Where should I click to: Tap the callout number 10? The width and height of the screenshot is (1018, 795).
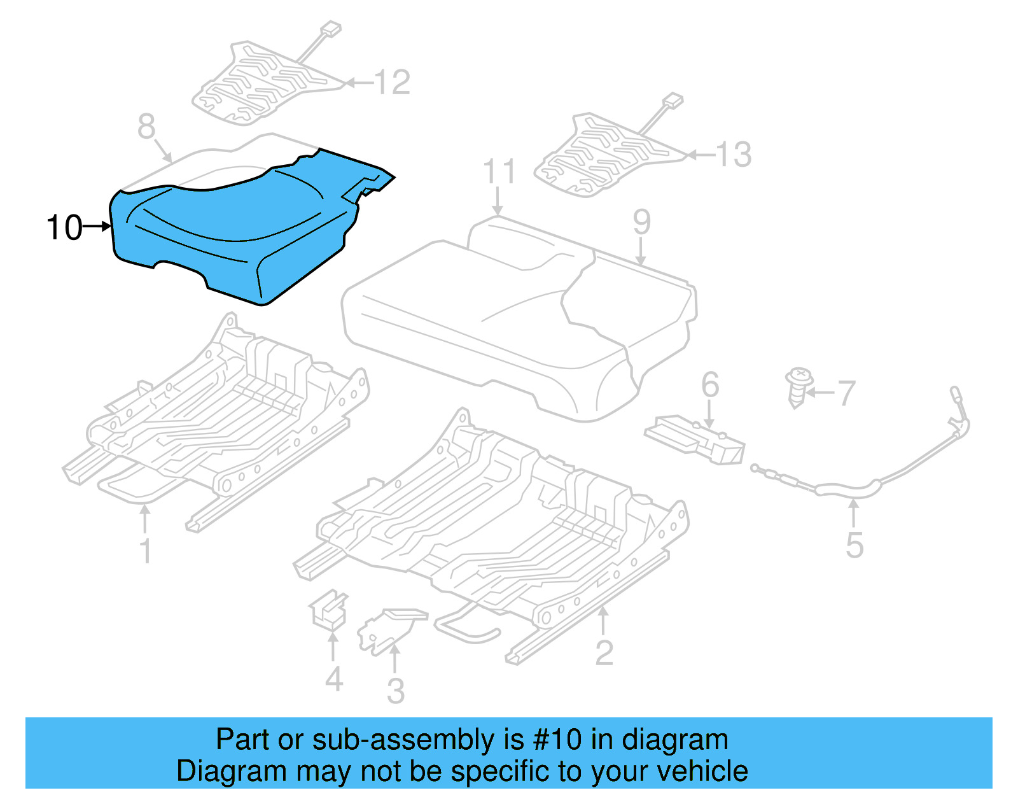(64, 227)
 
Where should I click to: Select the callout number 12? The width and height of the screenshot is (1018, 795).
(392, 83)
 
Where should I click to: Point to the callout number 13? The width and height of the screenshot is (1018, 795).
(734, 155)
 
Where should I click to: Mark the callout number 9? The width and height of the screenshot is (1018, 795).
(642, 222)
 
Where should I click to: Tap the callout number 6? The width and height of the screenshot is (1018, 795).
(710, 385)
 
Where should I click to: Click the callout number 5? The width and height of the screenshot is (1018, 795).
(854, 545)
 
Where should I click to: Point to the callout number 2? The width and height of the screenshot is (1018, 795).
(604, 653)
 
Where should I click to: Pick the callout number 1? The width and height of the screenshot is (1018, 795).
(146, 551)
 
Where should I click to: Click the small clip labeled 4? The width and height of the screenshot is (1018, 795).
(328, 610)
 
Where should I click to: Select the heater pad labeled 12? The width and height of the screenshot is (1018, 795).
(261, 83)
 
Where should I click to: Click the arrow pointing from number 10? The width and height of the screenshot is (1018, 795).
(97, 226)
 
